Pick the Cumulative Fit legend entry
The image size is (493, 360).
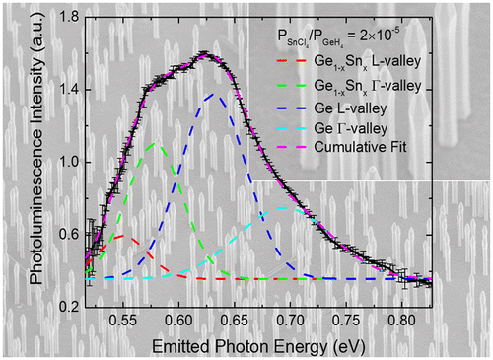[x=369, y=149]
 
